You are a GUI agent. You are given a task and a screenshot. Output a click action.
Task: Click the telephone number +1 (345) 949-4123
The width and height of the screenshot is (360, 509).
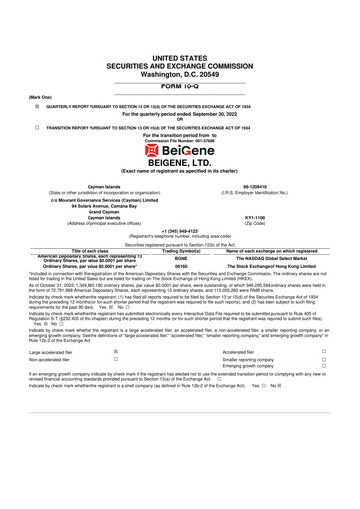coord(180,234)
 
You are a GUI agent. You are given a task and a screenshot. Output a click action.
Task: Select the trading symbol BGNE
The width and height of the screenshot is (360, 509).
coord(181,256)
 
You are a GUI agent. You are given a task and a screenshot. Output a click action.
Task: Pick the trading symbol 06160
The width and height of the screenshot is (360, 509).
coord(181,266)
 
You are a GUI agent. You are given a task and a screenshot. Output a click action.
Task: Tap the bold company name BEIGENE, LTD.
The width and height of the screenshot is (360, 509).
coord(180,160)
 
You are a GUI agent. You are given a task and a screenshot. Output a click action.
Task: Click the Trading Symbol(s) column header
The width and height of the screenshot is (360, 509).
coord(181,250)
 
